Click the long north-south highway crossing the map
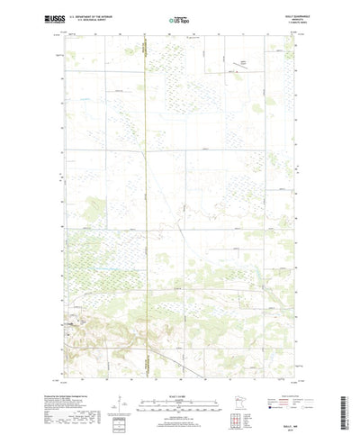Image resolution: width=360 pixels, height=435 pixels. [146, 180]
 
